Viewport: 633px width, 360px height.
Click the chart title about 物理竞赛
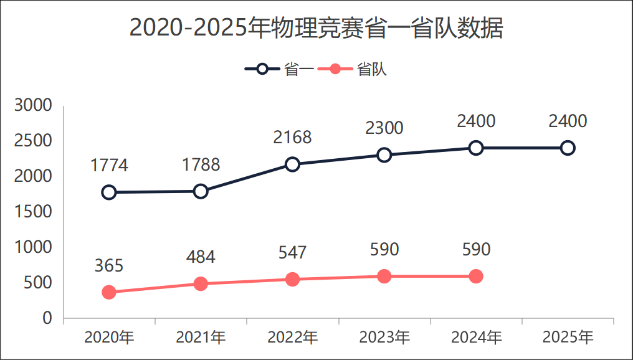coord(316,29)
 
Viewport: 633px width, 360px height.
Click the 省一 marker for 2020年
coord(109,192)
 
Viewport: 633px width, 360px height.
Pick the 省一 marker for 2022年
coord(292,164)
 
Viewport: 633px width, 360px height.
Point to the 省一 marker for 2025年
coord(568,148)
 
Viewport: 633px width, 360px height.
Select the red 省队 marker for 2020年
coord(109,292)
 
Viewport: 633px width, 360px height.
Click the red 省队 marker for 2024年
coord(476,276)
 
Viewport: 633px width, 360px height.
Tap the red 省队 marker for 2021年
coord(201,283)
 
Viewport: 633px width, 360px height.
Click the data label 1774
coord(109,166)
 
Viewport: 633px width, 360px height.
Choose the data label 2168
coord(292,138)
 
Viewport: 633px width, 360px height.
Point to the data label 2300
coord(384,128)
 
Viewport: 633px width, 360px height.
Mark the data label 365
coord(109,265)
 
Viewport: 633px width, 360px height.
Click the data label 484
coord(201,257)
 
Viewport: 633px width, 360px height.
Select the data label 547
coord(292,252)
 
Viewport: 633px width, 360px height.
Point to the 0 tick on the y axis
coord(47,318)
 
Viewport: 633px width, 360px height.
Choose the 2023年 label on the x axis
coord(384,338)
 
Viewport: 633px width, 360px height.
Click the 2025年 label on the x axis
coord(568,338)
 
